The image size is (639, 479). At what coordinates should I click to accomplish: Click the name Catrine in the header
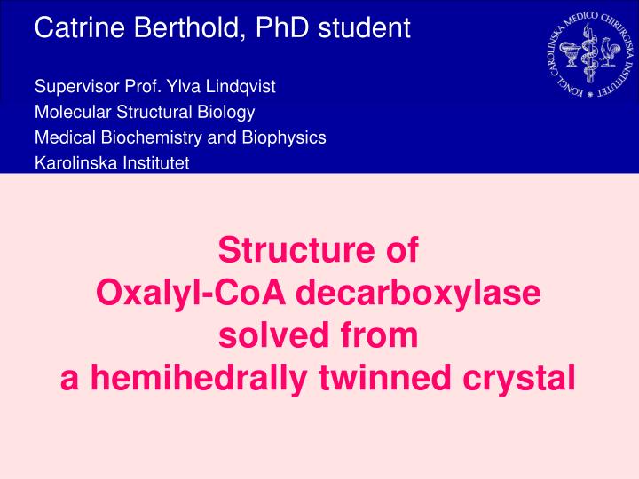click(80, 27)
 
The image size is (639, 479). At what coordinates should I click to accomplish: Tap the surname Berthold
click(190, 27)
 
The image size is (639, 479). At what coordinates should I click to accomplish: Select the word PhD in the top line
click(282, 27)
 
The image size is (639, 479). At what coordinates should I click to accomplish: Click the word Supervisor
click(77, 87)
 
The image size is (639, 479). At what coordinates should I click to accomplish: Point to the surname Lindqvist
click(241, 87)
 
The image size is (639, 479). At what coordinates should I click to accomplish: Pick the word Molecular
click(73, 112)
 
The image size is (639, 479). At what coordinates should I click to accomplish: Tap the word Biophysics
click(284, 137)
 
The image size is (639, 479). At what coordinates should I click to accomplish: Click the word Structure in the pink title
click(296, 249)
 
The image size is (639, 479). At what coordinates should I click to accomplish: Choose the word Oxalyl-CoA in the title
click(191, 293)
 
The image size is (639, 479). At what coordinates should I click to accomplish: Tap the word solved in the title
click(274, 334)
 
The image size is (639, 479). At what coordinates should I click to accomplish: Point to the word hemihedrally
click(199, 379)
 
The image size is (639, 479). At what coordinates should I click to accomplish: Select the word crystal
click(519, 379)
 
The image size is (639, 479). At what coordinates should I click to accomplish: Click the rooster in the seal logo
click(609, 51)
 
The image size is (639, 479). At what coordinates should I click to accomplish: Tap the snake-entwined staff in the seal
click(589, 53)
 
